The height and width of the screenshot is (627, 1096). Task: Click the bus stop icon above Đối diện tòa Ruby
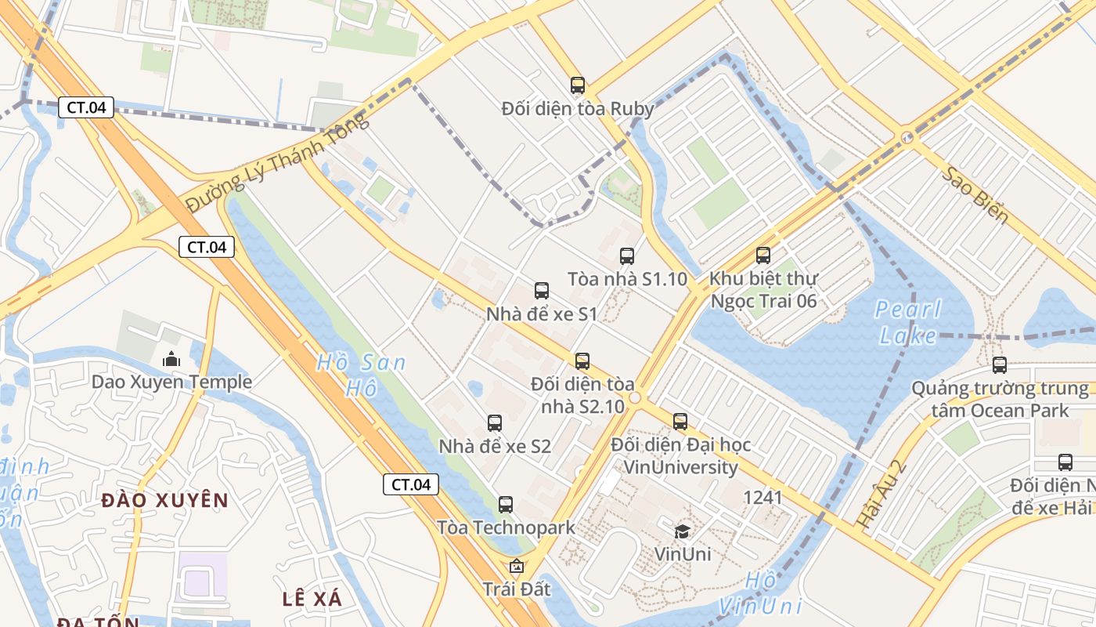(578, 85)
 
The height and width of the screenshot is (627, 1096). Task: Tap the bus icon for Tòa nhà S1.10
(627, 256)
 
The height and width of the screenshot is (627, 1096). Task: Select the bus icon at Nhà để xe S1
(542, 291)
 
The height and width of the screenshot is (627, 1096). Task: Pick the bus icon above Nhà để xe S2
(495, 423)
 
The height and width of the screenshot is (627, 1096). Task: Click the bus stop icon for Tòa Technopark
(506, 505)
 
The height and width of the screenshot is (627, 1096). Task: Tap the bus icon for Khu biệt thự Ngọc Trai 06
(763, 255)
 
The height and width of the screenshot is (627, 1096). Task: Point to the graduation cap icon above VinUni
(683, 531)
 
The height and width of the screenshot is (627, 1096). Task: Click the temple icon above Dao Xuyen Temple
(171, 360)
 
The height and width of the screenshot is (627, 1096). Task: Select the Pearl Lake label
(908, 322)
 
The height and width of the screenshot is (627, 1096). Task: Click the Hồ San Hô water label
(362, 375)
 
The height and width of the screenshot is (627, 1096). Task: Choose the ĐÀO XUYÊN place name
(165, 500)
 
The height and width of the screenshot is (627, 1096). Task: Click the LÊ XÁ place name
(312, 599)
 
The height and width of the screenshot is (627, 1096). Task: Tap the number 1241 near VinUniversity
(763, 497)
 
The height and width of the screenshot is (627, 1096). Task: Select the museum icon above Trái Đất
(517, 566)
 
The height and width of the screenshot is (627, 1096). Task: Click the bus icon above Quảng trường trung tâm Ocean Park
(1000, 364)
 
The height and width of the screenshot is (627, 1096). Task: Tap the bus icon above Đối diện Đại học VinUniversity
(680, 421)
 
